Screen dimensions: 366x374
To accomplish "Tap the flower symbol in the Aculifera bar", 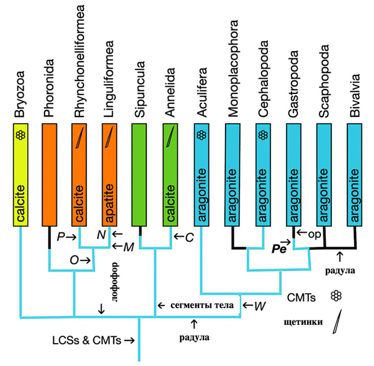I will (202, 135).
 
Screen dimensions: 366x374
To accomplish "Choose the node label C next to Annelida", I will (188, 235).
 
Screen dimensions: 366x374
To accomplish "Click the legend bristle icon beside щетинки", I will (337, 322).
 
